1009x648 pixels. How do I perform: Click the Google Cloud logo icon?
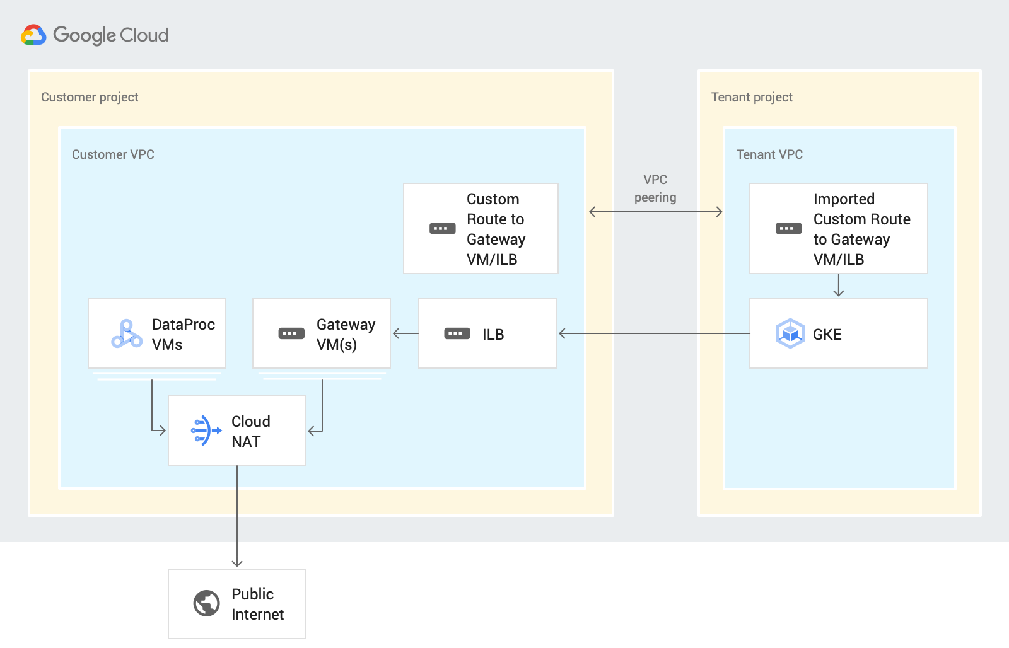(33, 35)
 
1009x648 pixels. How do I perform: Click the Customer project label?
(90, 97)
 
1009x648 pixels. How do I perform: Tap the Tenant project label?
(751, 97)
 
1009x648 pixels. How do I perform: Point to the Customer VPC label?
(113, 154)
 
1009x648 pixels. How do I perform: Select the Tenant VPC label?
(769, 154)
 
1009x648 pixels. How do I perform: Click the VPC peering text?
(655, 188)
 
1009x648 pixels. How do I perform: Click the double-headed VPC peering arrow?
(655, 212)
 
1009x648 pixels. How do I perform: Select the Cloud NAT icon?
(206, 431)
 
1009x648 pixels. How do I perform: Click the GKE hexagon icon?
(790, 333)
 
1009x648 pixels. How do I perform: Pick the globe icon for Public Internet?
(206, 603)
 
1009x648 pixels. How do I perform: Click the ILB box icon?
(457, 333)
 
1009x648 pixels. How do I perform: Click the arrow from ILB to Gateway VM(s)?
(405, 333)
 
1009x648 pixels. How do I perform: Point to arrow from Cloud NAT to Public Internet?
(237, 517)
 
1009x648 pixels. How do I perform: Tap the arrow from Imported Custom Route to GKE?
(838, 286)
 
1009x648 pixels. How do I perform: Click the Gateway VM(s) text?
(345, 334)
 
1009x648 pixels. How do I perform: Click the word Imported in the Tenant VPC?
(843, 199)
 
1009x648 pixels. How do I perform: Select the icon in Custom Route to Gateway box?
(442, 228)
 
